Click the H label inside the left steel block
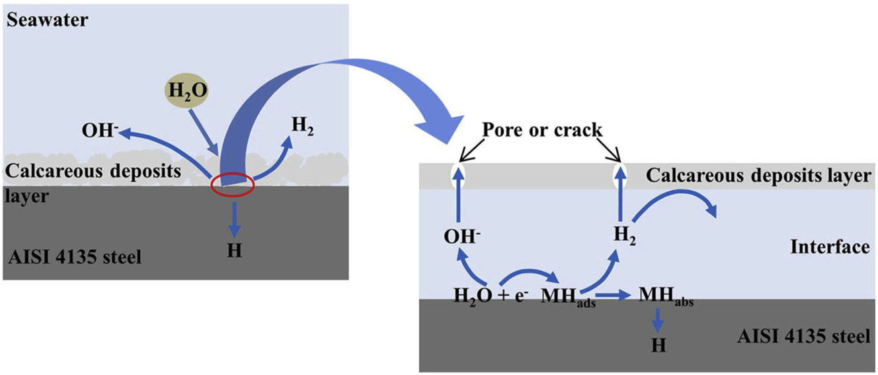coord(233,252)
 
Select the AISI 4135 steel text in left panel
coord(75,256)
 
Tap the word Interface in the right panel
coord(830,247)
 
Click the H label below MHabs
coord(657,345)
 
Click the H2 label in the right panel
coord(620,236)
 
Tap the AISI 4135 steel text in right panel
coord(802,336)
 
